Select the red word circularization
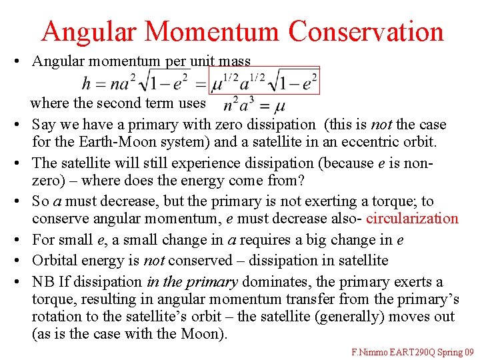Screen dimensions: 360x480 [x=413, y=219]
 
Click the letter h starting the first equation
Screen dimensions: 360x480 [x=86, y=83]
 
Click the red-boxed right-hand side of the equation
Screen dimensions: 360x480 [x=264, y=81]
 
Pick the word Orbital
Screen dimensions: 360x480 [x=54, y=260]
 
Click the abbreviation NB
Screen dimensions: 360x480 [x=43, y=282]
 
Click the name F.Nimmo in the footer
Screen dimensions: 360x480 [x=371, y=351]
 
